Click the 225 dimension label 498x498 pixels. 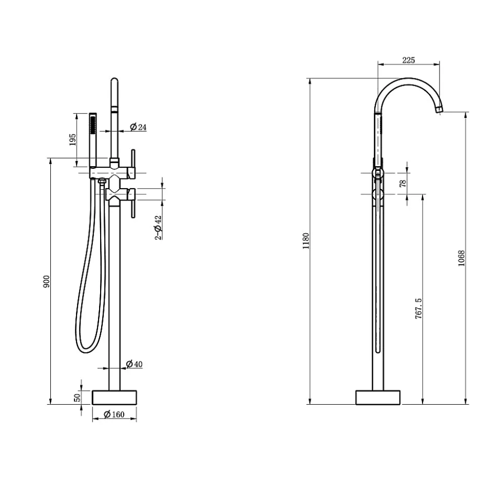pyautogui.click(x=408, y=60)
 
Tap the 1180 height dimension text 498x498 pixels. pyautogui.click(x=306, y=241)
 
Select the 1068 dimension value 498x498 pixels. pyautogui.click(x=462, y=258)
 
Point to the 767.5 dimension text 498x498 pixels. pyautogui.click(x=418, y=308)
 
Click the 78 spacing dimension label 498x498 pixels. pyautogui.click(x=403, y=183)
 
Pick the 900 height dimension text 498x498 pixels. pyautogui.click(x=46, y=282)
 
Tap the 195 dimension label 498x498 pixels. pyautogui.click(x=72, y=140)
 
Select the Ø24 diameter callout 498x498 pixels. pyautogui.click(x=138, y=127)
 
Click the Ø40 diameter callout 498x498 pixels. pyautogui.click(x=134, y=364)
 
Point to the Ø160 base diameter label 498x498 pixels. pyautogui.click(x=114, y=414)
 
